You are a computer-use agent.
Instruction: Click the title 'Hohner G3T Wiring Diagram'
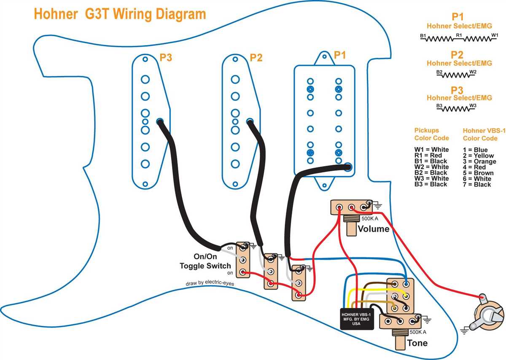120,14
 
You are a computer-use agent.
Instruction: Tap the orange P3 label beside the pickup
166,58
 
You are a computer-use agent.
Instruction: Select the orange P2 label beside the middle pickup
256,58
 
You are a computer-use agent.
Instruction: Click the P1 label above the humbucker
340,55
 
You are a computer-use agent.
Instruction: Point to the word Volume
373,229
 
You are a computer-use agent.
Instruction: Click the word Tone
417,343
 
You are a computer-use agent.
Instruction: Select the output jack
490,314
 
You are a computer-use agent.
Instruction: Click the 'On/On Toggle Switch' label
205,261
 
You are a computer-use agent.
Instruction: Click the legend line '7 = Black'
476,185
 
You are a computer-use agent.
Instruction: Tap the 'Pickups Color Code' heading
431,134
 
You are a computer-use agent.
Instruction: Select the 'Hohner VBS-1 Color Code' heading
480,134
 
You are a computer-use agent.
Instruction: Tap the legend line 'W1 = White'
431,150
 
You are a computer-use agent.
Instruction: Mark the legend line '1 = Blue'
475,150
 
